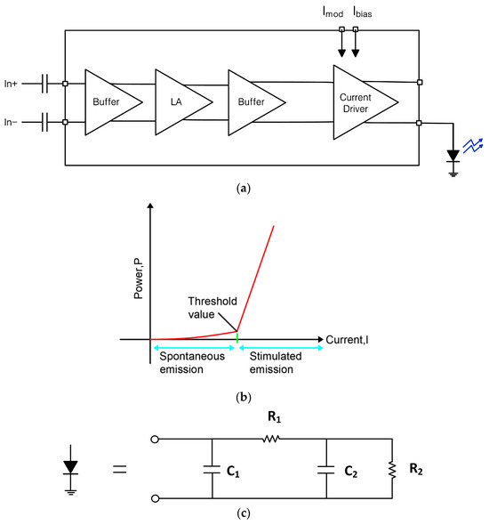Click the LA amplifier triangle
(x=182, y=102)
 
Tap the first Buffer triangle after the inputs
(x=109, y=102)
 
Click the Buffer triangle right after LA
(x=253, y=102)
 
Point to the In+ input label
(x=12, y=83)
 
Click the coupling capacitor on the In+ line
(x=45, y=84)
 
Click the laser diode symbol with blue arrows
(x=455, y=153)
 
